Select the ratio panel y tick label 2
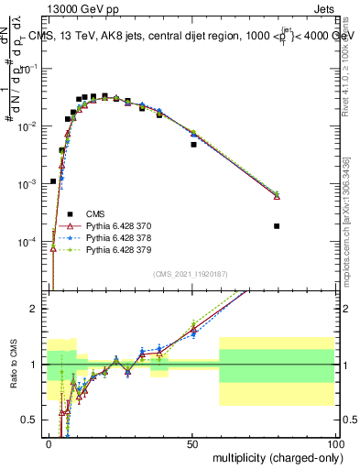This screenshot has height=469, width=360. click(35, 309)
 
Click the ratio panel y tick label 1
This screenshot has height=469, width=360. click(35, 365)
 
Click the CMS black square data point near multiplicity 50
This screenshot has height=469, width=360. click(193, 145)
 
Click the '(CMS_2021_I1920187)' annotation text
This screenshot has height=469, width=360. click(191, 274)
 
